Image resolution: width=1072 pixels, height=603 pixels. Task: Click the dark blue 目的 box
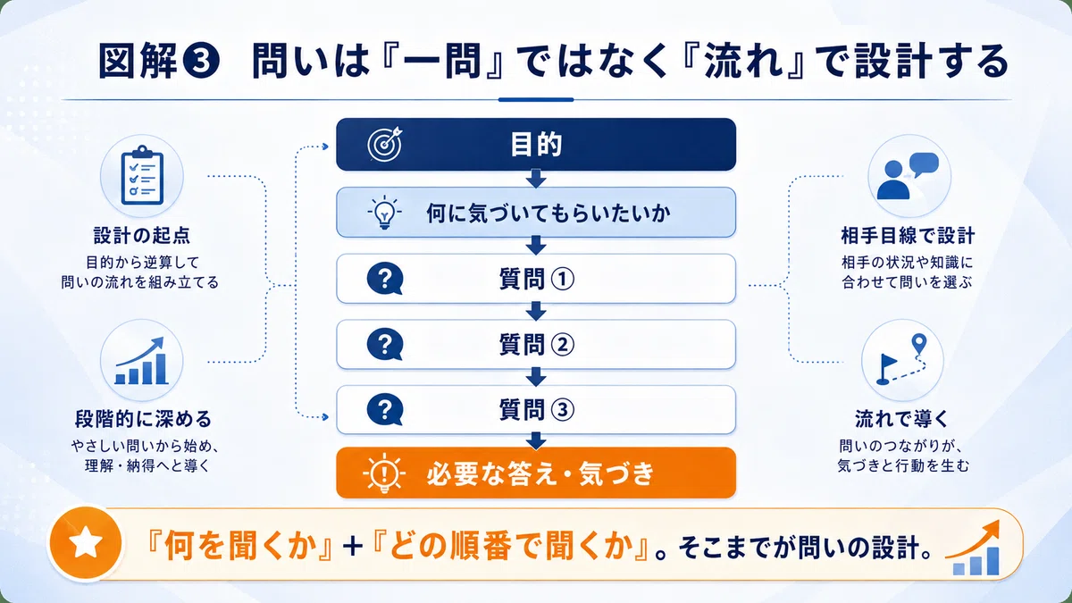tap(536, 145)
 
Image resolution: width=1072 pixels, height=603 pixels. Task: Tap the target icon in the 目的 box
tap(385, 144)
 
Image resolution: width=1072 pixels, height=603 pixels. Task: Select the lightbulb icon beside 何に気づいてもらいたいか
tap(384, 213)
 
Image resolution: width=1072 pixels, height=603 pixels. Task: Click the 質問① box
tap(536, 279)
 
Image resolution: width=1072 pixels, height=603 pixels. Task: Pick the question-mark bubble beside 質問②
tap(385, 345)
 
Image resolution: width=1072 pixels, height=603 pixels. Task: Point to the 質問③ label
tap(537, 410)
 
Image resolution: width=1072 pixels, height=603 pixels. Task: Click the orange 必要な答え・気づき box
tap(536, 473)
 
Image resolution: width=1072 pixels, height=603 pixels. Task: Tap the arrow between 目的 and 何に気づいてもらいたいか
tap(536, 179)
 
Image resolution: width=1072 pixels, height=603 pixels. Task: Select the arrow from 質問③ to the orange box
tap(536, 440)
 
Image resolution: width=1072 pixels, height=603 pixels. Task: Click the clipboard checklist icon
tap(142, 175)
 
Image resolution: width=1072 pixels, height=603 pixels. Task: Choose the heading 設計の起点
tap(142, 236)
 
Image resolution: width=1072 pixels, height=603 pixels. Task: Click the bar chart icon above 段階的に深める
tap(142, 361)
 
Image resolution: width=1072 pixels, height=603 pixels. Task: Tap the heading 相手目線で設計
tap(908, 236)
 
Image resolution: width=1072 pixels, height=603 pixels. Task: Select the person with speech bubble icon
tap(908, 176)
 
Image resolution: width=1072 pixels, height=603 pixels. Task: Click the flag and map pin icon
tap(901, 359)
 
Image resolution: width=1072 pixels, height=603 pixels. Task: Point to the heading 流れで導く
tap(901, 419)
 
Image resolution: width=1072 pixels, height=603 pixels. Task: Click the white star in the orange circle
tap(86, 542)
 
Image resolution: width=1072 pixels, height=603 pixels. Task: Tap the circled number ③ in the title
tap(202, 62)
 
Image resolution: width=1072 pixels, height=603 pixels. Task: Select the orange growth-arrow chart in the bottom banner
tap(973, 547)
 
